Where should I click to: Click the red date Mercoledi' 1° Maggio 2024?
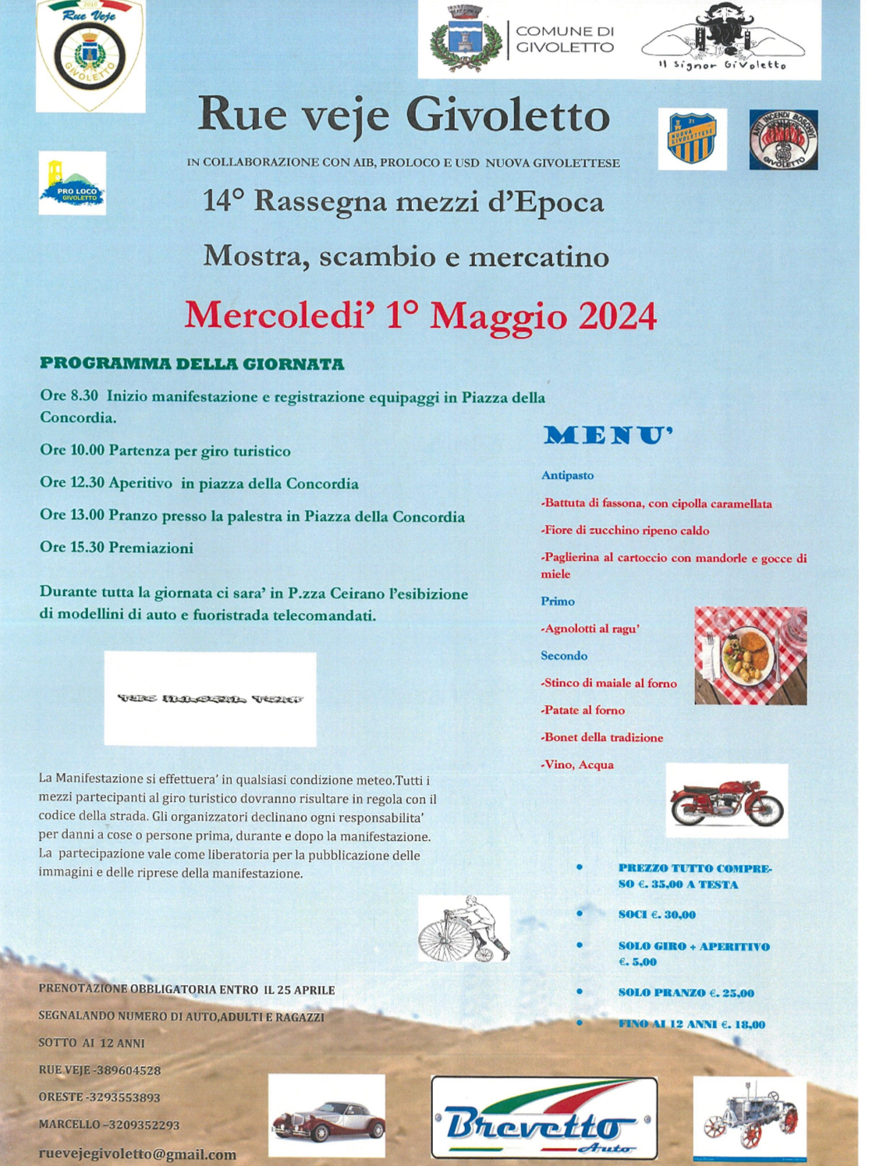click(420, 316)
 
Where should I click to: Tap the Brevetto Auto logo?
click(544, 1118)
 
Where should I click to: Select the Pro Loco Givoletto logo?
click(73, 183)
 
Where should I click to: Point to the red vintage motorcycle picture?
click(726, 801)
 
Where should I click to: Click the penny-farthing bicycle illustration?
click(464, 929)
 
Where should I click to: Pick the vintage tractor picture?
click(750, 1117)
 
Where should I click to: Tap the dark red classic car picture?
click(327, 1116)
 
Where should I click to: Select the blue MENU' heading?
click(608, 436)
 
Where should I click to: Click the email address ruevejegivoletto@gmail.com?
click(137, 1154)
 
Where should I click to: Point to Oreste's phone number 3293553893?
click(124, 1097)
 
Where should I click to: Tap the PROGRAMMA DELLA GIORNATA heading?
click(192, 364)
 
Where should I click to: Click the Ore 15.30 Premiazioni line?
click(117, 548)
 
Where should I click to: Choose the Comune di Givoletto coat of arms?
click(465, 39)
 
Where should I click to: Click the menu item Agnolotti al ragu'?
click(591, 629)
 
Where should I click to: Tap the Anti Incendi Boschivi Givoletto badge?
click(783, 140)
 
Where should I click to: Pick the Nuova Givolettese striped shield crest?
click(692, 140)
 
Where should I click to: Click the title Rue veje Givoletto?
click(403, 115)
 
